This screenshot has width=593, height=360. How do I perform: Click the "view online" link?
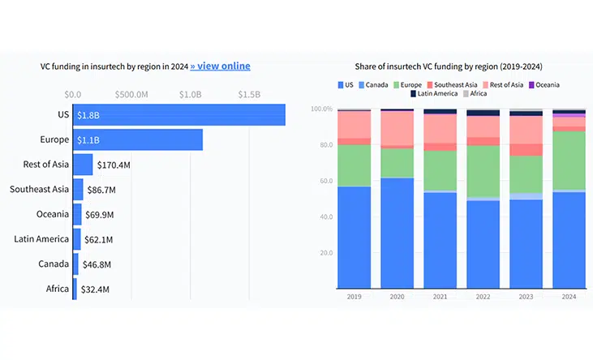[x=220, y=66]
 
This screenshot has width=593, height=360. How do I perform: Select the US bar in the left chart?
[x=178, y=115]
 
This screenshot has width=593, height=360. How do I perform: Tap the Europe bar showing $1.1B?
[x=138, y=139]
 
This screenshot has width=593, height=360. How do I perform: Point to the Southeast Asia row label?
[x=39, y=190]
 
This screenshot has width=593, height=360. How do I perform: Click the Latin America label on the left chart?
[x=41, y=239]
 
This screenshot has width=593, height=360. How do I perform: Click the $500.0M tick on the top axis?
[x=131, y=94]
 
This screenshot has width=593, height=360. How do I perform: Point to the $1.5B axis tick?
[x=249, y=94]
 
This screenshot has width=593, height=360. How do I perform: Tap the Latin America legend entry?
[x=440, y=94]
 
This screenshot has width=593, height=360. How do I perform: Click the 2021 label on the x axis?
[x=440, y=296]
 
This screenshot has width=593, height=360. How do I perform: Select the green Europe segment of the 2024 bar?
[x=569, y=161]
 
